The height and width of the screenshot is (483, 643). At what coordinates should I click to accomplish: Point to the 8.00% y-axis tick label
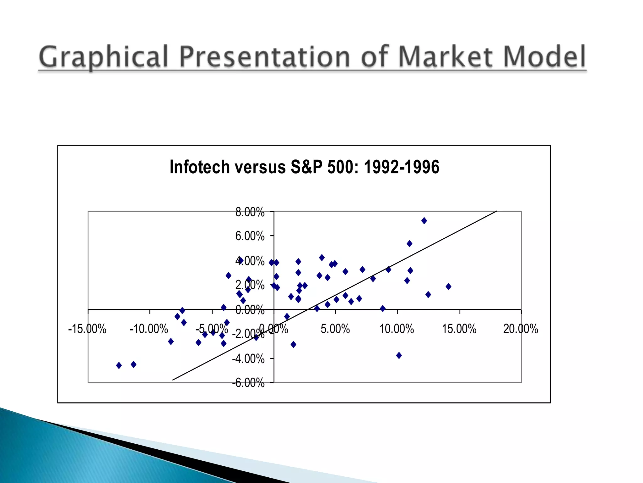coord(250,212)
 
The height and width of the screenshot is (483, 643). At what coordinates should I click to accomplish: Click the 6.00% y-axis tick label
coord(250,236)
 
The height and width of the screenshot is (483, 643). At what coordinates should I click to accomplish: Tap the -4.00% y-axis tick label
coord(248,359)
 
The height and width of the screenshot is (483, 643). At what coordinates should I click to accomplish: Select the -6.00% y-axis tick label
coord(248,383)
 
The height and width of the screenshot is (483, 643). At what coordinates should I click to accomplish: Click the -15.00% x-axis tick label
coord(87,329)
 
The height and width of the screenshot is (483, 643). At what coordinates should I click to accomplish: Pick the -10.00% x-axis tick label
coord(149,329)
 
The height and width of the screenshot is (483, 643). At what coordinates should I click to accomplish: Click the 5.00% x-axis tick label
coord(335,329)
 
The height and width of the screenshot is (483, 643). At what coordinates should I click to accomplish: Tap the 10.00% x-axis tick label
coord(397,329)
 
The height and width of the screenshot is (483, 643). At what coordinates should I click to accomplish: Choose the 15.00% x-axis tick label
coord(459,329)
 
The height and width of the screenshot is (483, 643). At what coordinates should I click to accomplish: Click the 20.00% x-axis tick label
coord(521,329)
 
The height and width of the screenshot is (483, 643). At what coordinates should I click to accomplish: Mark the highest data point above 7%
coord(424,221)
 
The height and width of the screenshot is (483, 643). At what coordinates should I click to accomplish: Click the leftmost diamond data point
coord(119,365)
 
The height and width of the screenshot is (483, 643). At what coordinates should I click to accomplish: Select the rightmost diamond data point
coord(448,286)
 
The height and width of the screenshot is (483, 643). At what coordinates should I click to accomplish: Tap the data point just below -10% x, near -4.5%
coord(133,364)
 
